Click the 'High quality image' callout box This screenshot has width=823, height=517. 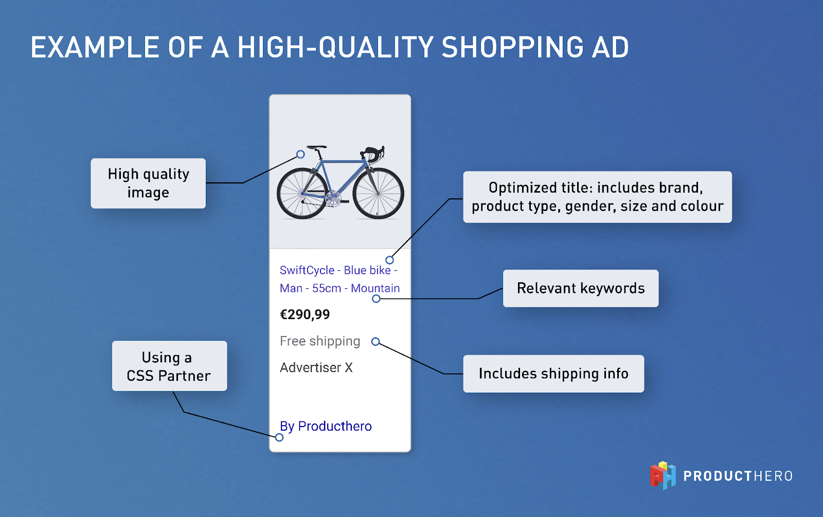pos(148,183)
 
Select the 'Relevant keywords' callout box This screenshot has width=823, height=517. pos(581,288)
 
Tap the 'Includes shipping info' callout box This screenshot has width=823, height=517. pos(553,374)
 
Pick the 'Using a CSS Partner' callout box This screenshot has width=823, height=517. pos(169,366)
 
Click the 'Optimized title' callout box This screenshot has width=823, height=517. pos(597,197)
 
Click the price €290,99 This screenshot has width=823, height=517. pos(305,315)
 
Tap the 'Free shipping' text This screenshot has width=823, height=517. pos(320,341)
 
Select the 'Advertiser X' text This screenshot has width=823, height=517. pos(316,367)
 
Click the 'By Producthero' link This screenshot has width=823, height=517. pos(326,427)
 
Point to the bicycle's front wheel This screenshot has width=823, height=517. pos(379,193)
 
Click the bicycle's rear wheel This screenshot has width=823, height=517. pos(302,193)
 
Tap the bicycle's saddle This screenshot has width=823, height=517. pos(317,147)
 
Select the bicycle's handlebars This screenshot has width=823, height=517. pos(373,154)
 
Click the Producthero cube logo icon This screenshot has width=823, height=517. pos(663,475)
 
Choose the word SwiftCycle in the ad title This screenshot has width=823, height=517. pos(307,270)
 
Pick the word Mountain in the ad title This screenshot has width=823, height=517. pos(375,288)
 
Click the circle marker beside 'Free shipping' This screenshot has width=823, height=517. pos(375,342)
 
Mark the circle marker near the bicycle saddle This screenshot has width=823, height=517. pos(300,154)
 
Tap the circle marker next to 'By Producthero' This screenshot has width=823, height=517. pos(279,437)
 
